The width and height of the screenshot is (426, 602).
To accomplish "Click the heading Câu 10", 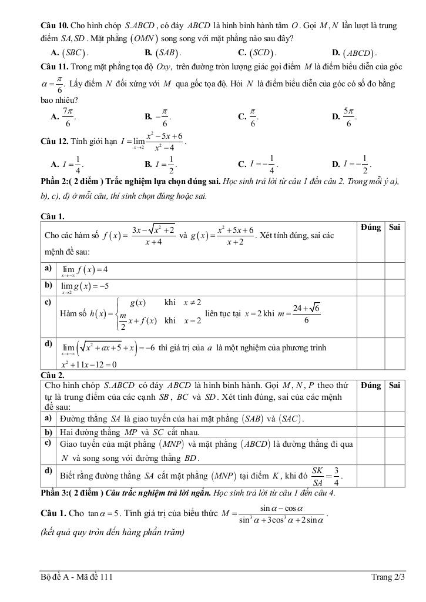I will tap(54, 26).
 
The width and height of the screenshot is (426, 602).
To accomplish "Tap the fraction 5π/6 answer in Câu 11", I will tap(348, 116).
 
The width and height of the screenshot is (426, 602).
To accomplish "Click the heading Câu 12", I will tap(54, 142).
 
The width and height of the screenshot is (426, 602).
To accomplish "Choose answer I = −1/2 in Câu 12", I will tap(358, 163).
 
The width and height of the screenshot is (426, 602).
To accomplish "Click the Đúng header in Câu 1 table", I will tap(371, 228).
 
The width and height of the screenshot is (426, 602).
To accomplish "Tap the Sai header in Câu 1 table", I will tap(395, 228).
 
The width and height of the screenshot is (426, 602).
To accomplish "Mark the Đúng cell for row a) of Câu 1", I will tap(371, 270).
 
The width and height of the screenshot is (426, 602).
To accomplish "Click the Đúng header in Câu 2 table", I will tap(371, 386).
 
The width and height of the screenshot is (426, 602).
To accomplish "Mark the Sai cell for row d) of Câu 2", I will tap(395, 474).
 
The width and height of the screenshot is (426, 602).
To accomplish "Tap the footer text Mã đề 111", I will tap(94, 577).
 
